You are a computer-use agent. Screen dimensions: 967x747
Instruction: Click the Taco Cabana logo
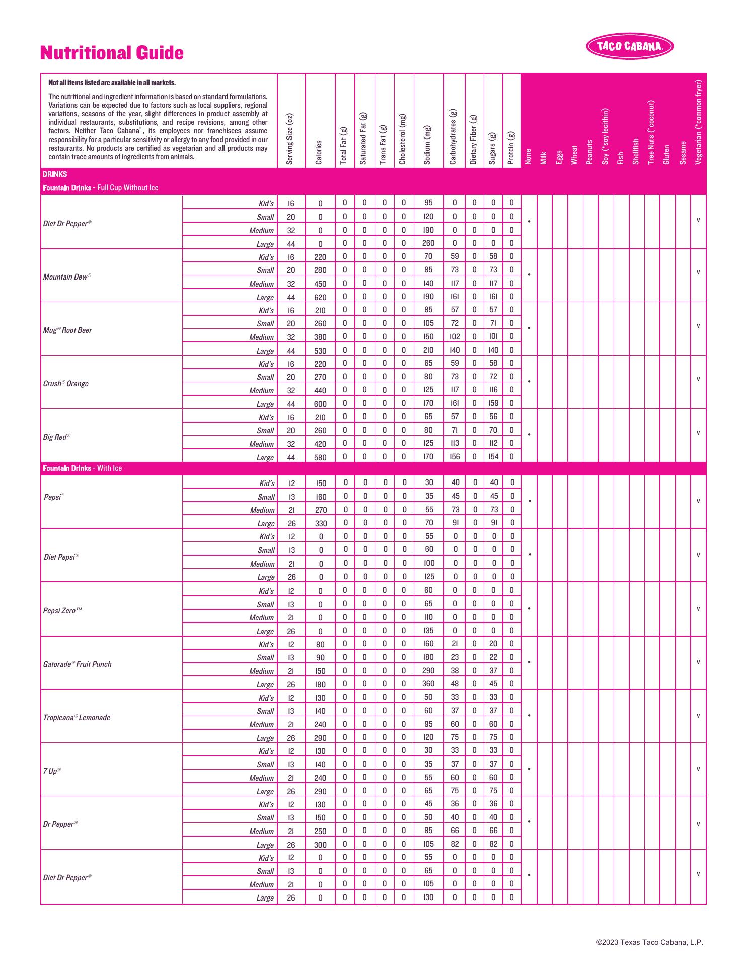point(630,46)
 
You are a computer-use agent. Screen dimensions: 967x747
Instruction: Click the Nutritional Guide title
point(112,53)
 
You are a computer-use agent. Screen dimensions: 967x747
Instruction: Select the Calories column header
point(319,152)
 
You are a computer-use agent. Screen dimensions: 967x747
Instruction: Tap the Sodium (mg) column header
point(428,145)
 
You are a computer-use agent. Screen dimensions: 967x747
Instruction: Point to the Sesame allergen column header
point(683,152)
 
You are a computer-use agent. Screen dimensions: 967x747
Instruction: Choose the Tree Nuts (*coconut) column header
point(651,132)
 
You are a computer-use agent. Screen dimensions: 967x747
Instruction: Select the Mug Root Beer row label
point(67,330)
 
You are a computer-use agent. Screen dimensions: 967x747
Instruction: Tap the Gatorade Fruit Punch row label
point(77,664)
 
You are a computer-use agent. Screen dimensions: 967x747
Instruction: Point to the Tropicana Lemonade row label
point(77,718)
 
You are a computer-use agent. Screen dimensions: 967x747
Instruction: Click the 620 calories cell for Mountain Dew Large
point(320,297)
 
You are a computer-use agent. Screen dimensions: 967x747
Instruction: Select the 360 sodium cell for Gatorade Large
point(428,684)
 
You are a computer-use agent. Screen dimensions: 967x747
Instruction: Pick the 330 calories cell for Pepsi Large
point(321,523)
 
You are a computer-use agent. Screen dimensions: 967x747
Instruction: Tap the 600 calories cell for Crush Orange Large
point(320,404)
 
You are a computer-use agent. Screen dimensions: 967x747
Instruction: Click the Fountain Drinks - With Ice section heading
point(83,468)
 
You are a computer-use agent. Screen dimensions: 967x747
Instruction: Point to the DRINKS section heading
point(55,174)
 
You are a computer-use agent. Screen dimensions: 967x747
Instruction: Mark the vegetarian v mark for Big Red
point(698,433)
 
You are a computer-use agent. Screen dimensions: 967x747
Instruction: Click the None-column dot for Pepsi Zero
point(529,609)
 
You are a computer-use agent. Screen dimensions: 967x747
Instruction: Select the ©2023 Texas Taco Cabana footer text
point(649,942)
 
